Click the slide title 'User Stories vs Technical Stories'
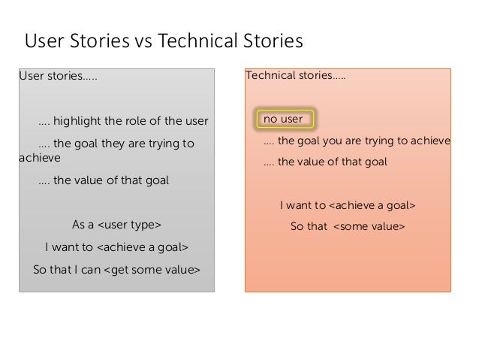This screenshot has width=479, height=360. (x=164, y=41)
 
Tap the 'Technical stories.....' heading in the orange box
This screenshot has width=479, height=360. (x=296, y=77)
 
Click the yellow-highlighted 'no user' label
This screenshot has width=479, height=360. (x=283, y=119)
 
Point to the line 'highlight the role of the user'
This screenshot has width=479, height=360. (x=122, y=120)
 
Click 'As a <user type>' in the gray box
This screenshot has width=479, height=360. (x=116, y=225)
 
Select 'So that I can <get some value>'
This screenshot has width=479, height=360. (x=116, y=268)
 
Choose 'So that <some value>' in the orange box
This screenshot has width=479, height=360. (x=347, y=226)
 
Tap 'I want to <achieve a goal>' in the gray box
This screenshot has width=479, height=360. (x=116, y=247)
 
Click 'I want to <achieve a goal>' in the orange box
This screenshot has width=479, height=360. (x=348, y=204)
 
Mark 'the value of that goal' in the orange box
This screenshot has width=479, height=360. (x=324, y=161)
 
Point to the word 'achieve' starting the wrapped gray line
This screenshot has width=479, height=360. (x=38, y=159)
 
